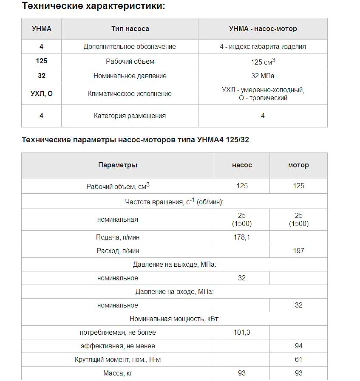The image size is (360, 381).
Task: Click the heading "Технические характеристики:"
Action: tap(93, 6)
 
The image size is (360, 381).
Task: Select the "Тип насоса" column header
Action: tap(130, 29)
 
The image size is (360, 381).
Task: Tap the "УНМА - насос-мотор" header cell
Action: tap(263, 29)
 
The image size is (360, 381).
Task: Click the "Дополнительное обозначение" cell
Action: tap(130, 47)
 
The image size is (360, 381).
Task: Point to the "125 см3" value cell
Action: tap(263, 62)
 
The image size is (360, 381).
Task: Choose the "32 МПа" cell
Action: tap(263, 76)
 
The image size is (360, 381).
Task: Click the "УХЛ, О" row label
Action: tap(42, 93)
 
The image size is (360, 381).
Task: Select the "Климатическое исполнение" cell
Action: tap(130, 93)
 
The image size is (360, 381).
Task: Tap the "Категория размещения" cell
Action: tap(130, 116)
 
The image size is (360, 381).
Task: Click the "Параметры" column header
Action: tap(118, 165)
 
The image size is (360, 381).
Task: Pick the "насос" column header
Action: tap(242, 165)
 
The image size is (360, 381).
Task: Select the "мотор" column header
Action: tap(298, 165)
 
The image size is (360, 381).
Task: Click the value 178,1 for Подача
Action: tap(242, 237)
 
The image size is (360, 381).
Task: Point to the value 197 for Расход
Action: tap(298, 251)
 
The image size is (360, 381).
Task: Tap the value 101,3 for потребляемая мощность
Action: tap(242, 332)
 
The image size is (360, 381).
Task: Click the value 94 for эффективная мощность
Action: tap(298, 346)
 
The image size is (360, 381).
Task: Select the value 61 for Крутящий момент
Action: tap(298, 359)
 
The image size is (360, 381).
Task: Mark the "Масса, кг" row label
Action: tap(118, 373)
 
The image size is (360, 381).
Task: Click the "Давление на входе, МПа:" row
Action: tap(174, 292)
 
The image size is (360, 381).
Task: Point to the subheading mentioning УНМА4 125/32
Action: tap(135, 140)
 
